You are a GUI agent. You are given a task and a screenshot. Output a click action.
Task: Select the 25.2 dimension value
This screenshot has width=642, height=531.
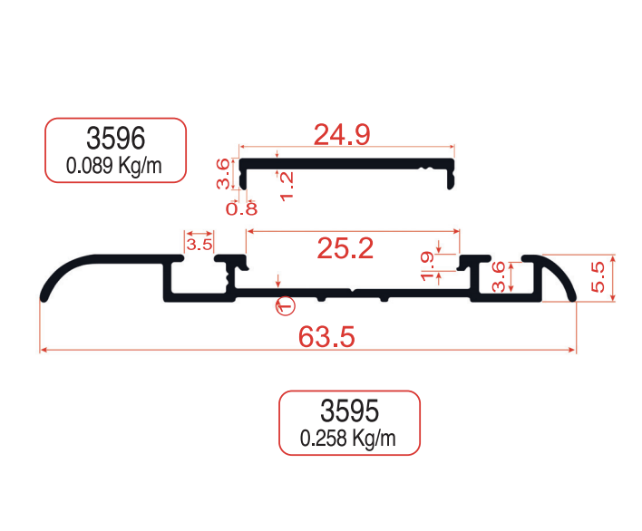coord(345,247)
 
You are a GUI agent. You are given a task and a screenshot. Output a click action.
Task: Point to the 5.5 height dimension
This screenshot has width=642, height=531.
coord(597,277)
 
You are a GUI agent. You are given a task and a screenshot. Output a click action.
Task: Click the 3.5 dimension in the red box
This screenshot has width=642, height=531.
coord(199,244)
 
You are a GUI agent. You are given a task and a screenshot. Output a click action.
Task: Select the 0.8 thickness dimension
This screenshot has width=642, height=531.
coord(241,208)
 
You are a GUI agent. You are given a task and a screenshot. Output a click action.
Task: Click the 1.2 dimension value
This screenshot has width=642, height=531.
coord(287,185)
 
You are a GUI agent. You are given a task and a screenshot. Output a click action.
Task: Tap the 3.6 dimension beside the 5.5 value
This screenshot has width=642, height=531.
coord(498,278)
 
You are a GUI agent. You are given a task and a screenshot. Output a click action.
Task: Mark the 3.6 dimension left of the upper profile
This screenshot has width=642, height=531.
coord(223,173)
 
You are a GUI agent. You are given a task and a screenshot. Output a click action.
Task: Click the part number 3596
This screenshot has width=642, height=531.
coord(115,138)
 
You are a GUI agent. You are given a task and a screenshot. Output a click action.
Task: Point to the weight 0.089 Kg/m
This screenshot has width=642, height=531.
coord(115,165)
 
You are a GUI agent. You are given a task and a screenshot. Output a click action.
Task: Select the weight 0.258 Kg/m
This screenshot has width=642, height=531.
coord(348,439)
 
